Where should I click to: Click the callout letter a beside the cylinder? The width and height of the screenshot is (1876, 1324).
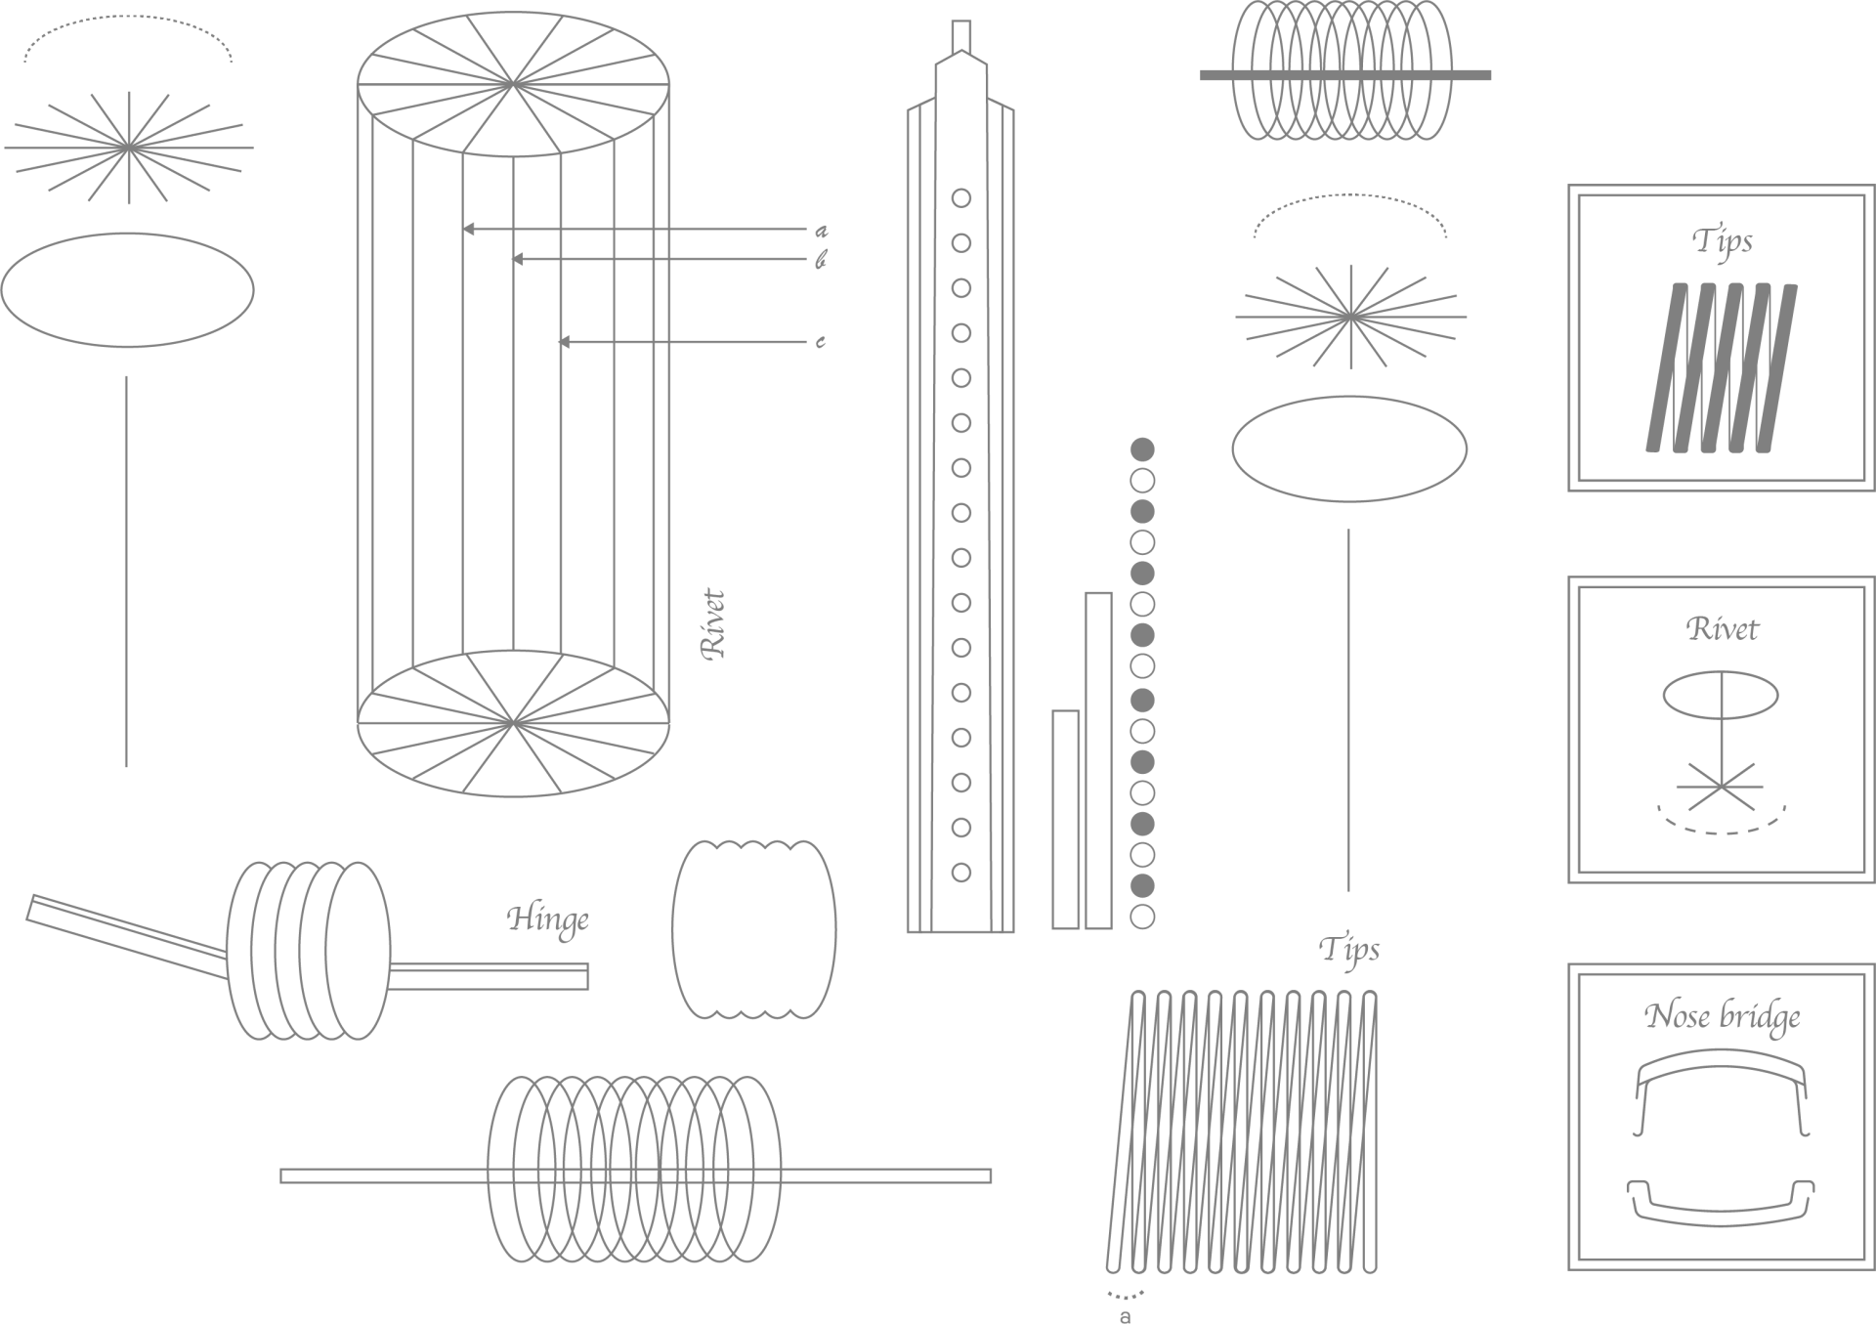click(x=822, y=231)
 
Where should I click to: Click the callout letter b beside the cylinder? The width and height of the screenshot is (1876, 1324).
click(x=822, y=260)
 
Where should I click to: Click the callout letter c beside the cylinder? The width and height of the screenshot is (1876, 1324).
click(x=821, y=342)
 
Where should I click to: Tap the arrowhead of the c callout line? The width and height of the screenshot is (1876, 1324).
click(x=564, y=342)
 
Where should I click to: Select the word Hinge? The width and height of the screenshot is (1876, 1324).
click(x=548, y=920)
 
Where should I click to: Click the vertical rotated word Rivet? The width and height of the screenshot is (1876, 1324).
click(x=714, y=624)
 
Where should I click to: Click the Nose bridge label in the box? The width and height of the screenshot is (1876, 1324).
click(x=1722, y=1017)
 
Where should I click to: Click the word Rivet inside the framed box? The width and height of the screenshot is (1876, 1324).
click(x=1722, y=629)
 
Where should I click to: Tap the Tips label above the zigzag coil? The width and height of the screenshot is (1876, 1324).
click(x=1349, y=951)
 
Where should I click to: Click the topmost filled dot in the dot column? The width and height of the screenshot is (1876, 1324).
click(x=1142, y=449)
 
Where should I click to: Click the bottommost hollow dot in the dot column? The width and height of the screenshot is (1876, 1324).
click(x=1142, y=917)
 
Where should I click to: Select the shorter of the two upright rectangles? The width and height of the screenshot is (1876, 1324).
click(x=1066, y=819)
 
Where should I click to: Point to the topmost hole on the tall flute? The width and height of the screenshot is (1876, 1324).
click(x=961, y=198)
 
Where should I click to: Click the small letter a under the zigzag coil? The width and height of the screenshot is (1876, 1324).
click(x=1126, y=1316)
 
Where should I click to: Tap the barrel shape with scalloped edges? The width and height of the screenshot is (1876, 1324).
click(x=754, y=929)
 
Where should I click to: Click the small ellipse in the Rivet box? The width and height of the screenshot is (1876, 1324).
click(x=1721, y=696)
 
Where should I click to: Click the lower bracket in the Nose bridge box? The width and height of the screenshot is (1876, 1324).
click(x=1721, y=1202)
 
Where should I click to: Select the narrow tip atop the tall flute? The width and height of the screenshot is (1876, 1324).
click(x=961, y=36)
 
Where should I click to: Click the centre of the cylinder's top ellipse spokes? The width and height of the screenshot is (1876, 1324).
click(x=513, y=85)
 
